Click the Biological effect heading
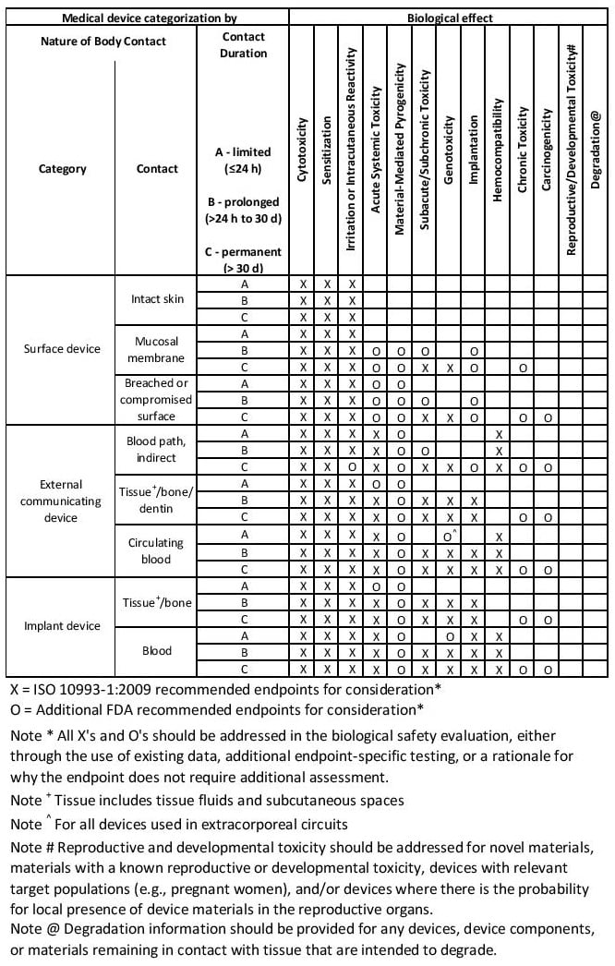[x=450, y=17]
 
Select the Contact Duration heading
[x=244, y=45]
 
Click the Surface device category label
[x=62, y=349]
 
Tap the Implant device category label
[x=62, y=626]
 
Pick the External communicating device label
[x=62, y=501]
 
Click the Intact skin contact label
[x=157, y=299]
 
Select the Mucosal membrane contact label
[x=157, y=349]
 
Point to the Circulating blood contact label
[x=157, y=550]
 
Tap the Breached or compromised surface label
[x=157, y=400]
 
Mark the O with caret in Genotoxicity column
[x=449, y=537]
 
